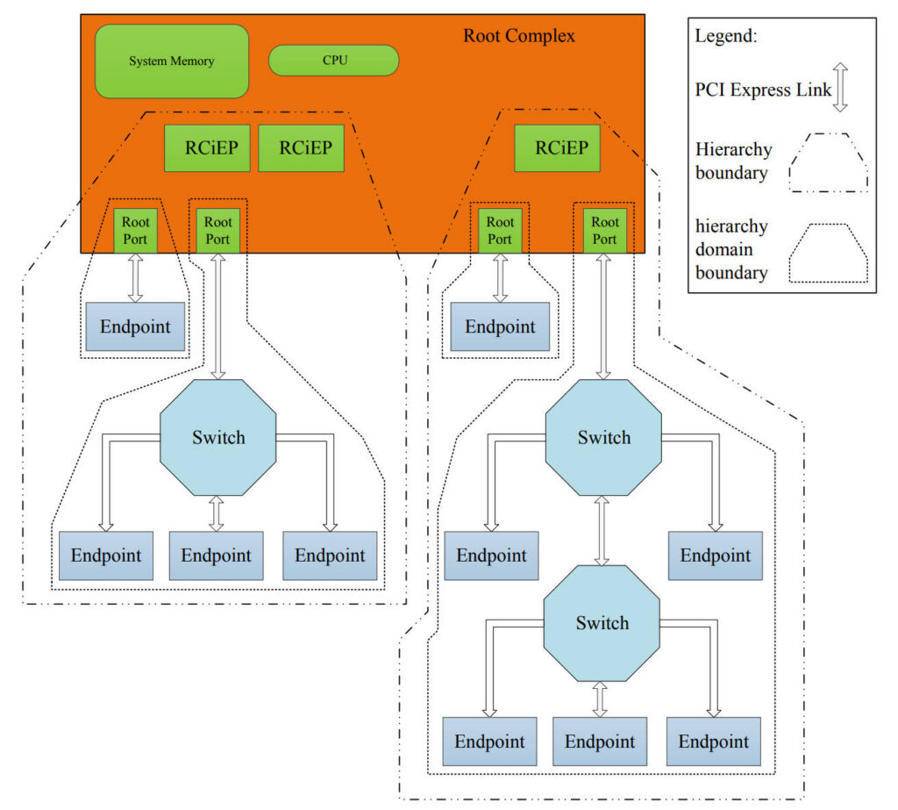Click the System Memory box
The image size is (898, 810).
coord(172,61)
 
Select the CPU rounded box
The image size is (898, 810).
coord(334,60)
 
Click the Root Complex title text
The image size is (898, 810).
coord(519,36)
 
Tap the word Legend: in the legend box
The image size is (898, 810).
coord(726,37)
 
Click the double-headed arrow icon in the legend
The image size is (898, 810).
coord(839,88)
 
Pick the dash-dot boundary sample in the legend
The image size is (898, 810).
coord(829,161)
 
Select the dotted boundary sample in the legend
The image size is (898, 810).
coord(829,252)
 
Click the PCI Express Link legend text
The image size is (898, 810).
coord(763,89)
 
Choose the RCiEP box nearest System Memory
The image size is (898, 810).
coord(207,147)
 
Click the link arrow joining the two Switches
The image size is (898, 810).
coord(602,529)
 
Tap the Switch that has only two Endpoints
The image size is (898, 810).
coord(603,438)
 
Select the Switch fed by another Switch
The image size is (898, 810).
coord(602,623)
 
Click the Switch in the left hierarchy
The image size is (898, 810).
coord(218,438)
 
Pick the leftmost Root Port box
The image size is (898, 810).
coord(135,231)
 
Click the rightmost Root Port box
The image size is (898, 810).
coord(603,231)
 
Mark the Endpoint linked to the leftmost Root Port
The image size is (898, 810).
coord(135,326)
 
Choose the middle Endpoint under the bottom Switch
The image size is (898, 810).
coord(600,742)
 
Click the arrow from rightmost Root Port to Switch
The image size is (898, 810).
coord(603,316)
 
